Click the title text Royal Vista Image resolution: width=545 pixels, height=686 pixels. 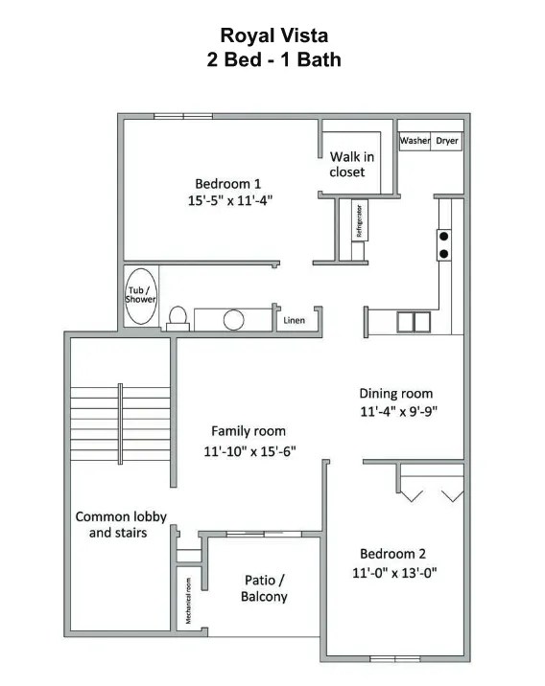point(273,35)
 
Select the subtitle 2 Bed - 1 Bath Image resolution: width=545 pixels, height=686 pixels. point(273,59)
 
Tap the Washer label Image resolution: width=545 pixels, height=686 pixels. point(415,141)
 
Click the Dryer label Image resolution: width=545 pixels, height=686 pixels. point(447,141)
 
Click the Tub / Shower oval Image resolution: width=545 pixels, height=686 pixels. point(140,293)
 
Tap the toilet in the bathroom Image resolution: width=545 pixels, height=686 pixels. point(177,317)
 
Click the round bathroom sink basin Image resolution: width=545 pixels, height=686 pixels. point(234,320)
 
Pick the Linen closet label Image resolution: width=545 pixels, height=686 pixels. point(294,321)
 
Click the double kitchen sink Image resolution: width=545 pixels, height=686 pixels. point(414,322)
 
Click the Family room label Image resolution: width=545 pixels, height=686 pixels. point(249,431)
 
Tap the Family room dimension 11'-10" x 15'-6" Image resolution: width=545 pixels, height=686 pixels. point(249,451)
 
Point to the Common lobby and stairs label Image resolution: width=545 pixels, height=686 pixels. point(121,524)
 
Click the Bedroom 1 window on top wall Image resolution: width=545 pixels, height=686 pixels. point(183,117)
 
